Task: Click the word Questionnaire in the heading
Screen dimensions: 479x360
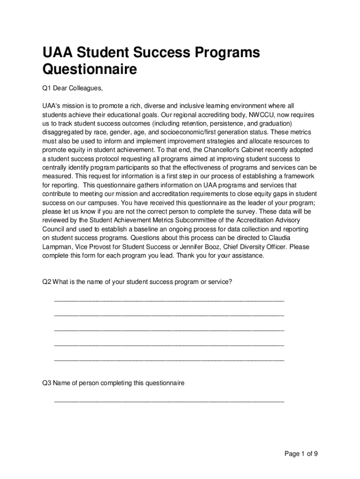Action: click(x=90, y=70)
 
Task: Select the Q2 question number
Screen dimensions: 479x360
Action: click(x=47, y=282)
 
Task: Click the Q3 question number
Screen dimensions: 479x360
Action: click(x=47, y=383)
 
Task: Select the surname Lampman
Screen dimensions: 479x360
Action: click(x=58, y=247)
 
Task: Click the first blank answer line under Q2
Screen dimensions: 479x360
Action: click(x=169, y=300)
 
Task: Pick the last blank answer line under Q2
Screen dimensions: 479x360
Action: click(x=169, y=360)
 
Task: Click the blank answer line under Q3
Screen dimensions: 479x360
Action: click(x=169, y=401)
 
